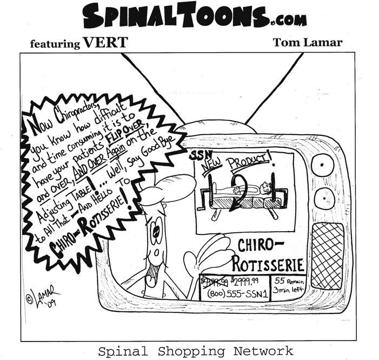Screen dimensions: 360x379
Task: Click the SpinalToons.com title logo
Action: point(195,16)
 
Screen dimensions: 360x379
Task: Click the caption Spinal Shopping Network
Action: point(195,350)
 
